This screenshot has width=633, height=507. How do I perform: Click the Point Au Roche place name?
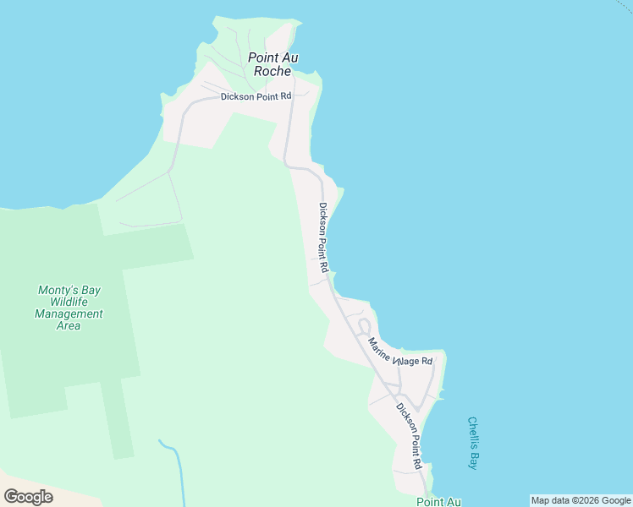[x=272, y=64]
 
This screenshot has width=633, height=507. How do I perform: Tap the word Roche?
[x=272, y=72]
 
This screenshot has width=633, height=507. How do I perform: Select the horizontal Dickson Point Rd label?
[x=256, y=97]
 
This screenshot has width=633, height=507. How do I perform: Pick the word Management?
[x=69, y=313]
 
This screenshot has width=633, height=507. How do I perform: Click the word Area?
[x=69, y=325]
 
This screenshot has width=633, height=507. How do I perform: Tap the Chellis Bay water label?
[x=473, y=443]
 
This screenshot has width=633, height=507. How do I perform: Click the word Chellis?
[x=473, y=432]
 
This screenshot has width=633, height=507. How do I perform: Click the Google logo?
[x=29, y=496]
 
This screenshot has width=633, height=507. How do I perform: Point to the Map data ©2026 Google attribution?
[x=581, y=500]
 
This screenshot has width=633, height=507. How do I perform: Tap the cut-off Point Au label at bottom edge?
[x=438, y=502]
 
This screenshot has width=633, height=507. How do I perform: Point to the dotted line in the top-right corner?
[x=621, y=6]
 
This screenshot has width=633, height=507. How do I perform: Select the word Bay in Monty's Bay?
[x=90, y=290]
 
